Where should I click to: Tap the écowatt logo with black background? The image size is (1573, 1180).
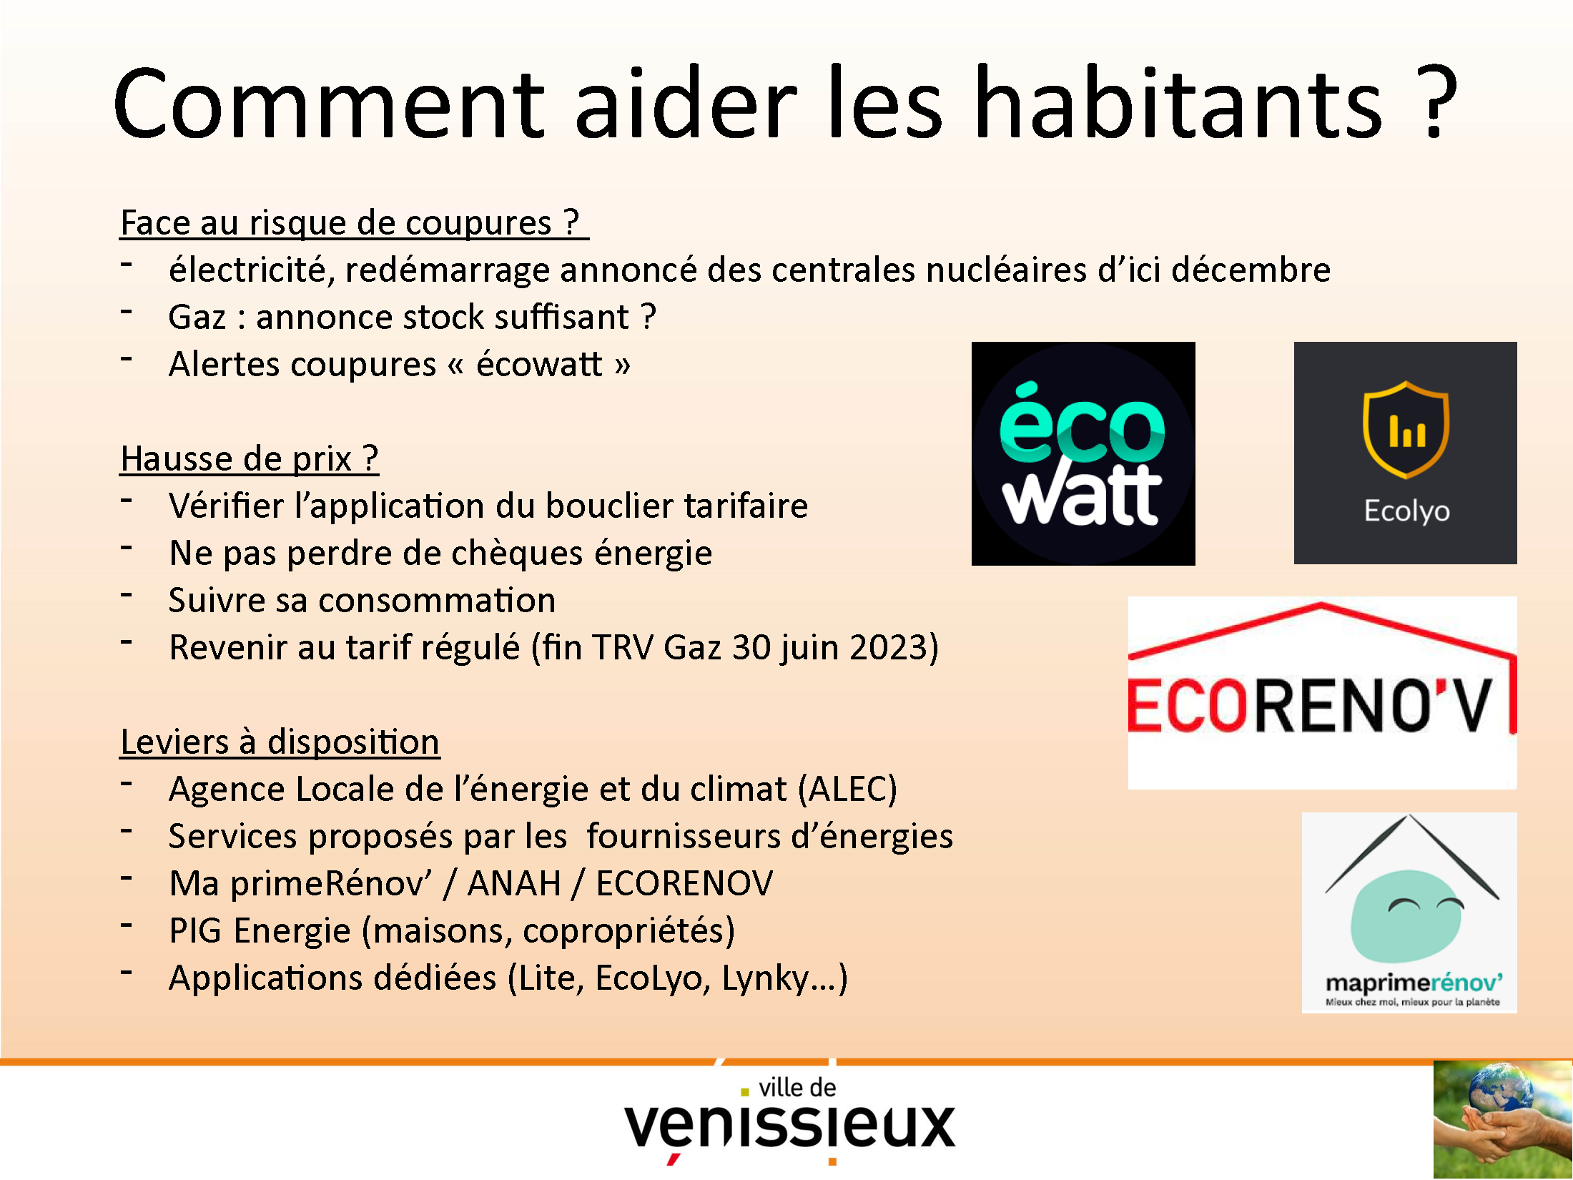pyautogui.click(x=1083, y=453)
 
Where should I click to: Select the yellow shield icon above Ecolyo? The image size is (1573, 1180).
pyautogui.click(x=1406, y=429)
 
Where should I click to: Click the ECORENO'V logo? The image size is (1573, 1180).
pyautogui.click(x=1322, y=692)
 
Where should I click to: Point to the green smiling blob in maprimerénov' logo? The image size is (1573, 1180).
pyautogui.click(x=1406, y=915)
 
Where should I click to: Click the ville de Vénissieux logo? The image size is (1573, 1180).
pyautogui.click(x=789, y=1120)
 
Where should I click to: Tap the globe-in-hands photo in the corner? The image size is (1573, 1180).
pyautogui.click(x=1502, y=1120)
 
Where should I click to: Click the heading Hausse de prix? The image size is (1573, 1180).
pyautogui.click(x=249, y=458)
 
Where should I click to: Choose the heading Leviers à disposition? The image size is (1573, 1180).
pyautogui.click(x=280, y=742)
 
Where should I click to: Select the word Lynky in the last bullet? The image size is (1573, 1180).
pyautogui.click(x=766, y=978)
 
